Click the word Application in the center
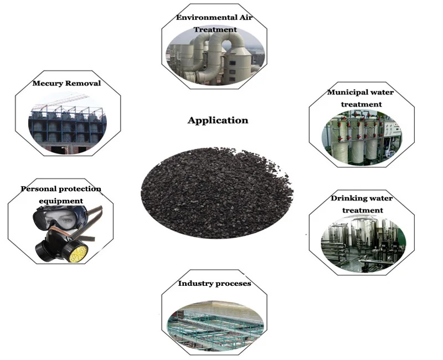218,120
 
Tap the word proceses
233,284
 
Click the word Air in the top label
246,17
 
